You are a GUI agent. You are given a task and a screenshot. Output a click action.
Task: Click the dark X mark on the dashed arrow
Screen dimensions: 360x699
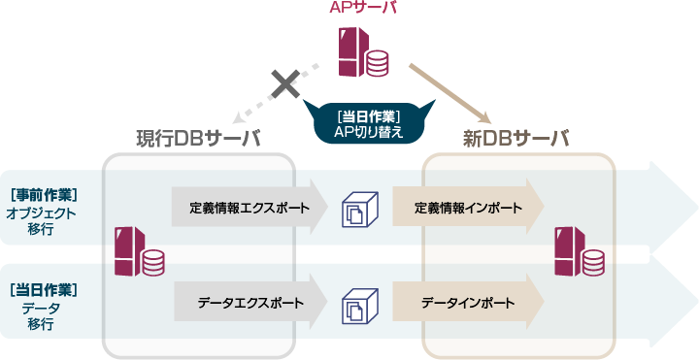[x=283, y=84]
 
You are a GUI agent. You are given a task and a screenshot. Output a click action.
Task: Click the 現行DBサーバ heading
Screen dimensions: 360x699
[x=198, y=139]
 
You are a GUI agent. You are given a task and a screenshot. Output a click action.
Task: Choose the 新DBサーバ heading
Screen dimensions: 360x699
[x=516, y=139]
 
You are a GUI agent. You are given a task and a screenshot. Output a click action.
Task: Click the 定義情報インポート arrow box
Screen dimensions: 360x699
[x=467, y=207]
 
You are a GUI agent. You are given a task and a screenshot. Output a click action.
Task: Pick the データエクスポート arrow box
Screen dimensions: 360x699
[x=250, y=302]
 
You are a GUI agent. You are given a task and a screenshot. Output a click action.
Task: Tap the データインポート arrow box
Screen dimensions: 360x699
[x=467, y=302]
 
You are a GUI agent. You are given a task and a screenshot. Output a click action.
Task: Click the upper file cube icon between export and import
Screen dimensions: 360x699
[x=358, y=210]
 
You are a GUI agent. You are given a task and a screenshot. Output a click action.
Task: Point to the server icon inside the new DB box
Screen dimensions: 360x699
[x=579, y=254]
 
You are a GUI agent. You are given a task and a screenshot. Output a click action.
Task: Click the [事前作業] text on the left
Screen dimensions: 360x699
[x=43, y=194]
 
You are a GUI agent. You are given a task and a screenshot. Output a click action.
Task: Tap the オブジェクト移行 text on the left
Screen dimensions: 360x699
[x=41, y=221]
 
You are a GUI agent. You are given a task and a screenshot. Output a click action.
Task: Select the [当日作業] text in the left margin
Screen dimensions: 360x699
[x=43, y=289]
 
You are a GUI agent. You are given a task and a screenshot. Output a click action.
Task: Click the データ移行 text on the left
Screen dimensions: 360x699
[x=41, y=316]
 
